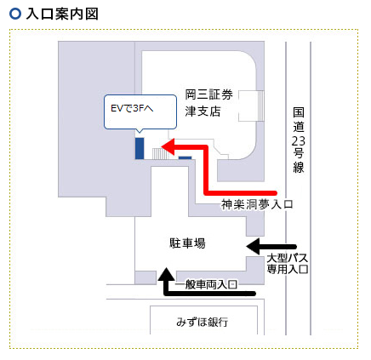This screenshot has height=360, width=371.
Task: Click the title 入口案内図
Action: click(62, 14)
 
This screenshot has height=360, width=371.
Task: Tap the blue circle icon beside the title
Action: click(15, 14)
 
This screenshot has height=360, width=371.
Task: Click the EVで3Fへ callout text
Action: click(132, 108)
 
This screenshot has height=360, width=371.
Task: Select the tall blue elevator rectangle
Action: click(140, 148)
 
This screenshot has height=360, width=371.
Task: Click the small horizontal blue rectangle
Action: click(185, 158)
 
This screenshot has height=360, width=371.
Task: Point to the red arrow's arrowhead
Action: click(168, 146)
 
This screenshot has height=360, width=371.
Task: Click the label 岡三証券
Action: click(208, 94)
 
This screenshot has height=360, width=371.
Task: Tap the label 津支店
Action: click(203, 111)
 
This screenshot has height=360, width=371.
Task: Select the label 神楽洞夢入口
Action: click(257, 204)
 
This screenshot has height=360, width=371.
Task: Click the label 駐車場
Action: click(187, 243)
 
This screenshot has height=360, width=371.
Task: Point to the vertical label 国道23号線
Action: click(299, 140)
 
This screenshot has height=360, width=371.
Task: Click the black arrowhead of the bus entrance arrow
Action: click(253, 246)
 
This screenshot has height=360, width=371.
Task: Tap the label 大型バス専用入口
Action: click(288, 264)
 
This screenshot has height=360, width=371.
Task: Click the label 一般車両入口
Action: click(206, 284)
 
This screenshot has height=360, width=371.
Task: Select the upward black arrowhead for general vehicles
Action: click(166, 274)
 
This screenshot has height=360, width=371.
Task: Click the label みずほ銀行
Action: click(202, 322)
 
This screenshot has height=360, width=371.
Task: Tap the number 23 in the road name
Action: click(299, 140)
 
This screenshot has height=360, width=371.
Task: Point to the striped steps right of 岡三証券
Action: click(260, 106)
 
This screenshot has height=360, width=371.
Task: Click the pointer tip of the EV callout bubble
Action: click(139, 133)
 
